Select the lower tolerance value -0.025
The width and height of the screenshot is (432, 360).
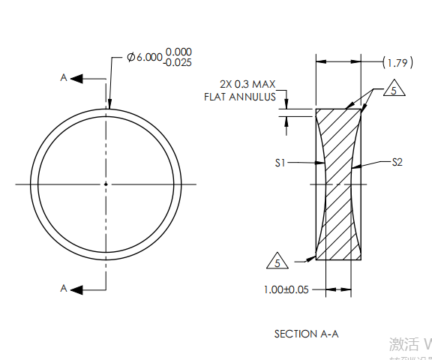178,63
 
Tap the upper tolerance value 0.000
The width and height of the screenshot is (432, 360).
178,52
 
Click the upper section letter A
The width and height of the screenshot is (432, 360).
64,77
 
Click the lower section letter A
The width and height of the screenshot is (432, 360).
64,288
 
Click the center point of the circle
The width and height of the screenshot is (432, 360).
106,184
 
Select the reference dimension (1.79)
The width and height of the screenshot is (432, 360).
397,61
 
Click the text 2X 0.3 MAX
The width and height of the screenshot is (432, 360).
247,84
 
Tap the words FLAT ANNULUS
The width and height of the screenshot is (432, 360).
240,96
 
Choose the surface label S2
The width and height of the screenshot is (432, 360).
397,161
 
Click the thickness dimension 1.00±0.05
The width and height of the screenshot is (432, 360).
286,289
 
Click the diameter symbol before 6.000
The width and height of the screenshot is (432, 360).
131,58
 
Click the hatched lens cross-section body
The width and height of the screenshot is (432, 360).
338,187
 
